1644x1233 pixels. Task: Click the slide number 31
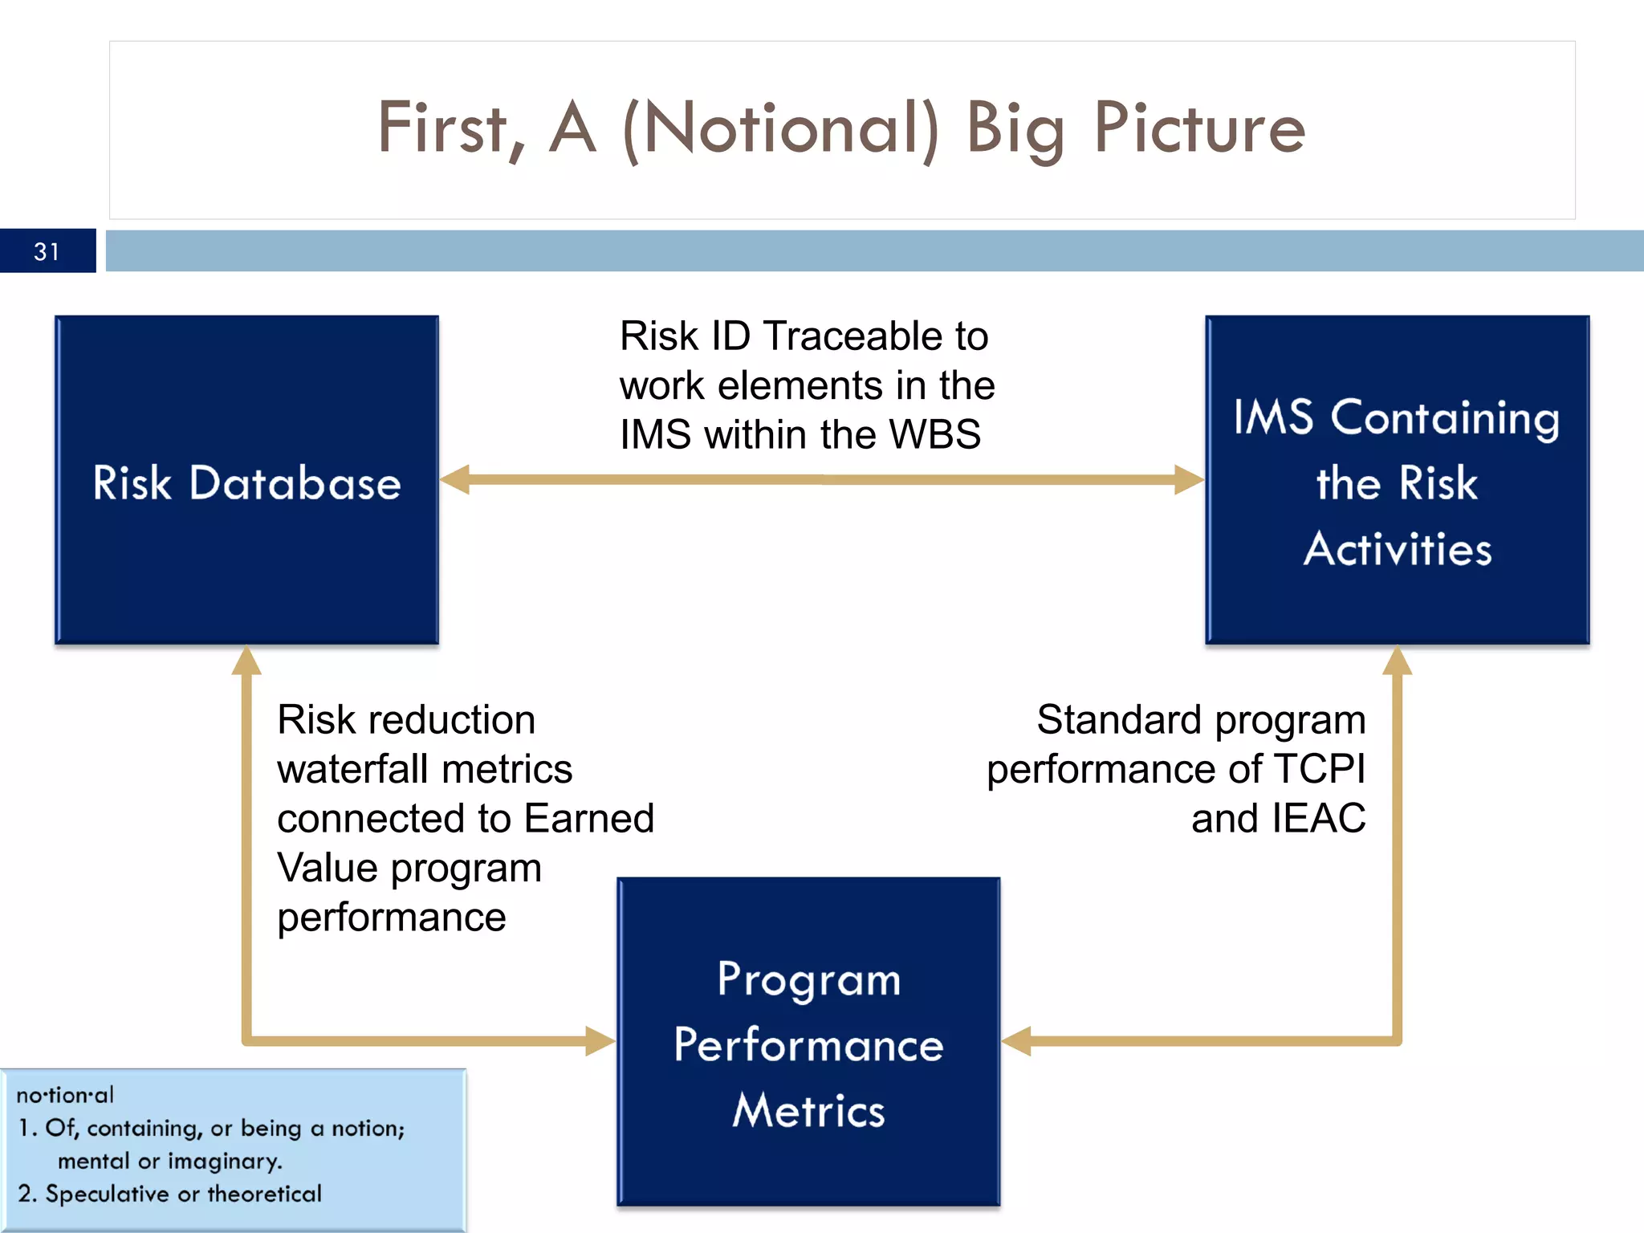(47, 252)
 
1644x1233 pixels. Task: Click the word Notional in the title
(781, 128)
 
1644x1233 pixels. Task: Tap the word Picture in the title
(1200, 128)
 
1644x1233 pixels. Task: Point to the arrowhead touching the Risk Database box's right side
(455, 479)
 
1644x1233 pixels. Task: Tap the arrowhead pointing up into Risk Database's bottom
(246, 661)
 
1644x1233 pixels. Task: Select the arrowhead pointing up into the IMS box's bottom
(1397, 661)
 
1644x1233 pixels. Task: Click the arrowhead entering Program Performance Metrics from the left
(600, 1041)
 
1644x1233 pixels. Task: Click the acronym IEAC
(1318, 819)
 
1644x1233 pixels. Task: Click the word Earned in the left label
(589, 819)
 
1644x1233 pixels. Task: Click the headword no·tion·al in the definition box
(65, 1095)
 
